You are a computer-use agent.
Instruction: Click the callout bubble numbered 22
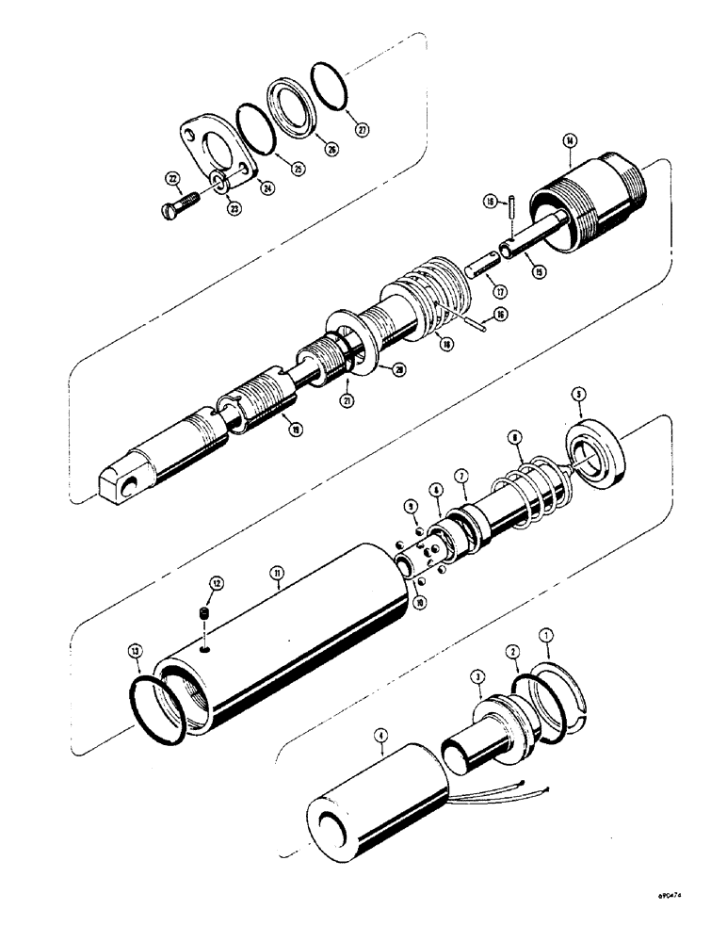(172, 178)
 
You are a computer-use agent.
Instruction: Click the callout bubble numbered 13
(137, 650)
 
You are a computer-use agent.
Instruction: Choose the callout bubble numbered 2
(511, 652)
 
